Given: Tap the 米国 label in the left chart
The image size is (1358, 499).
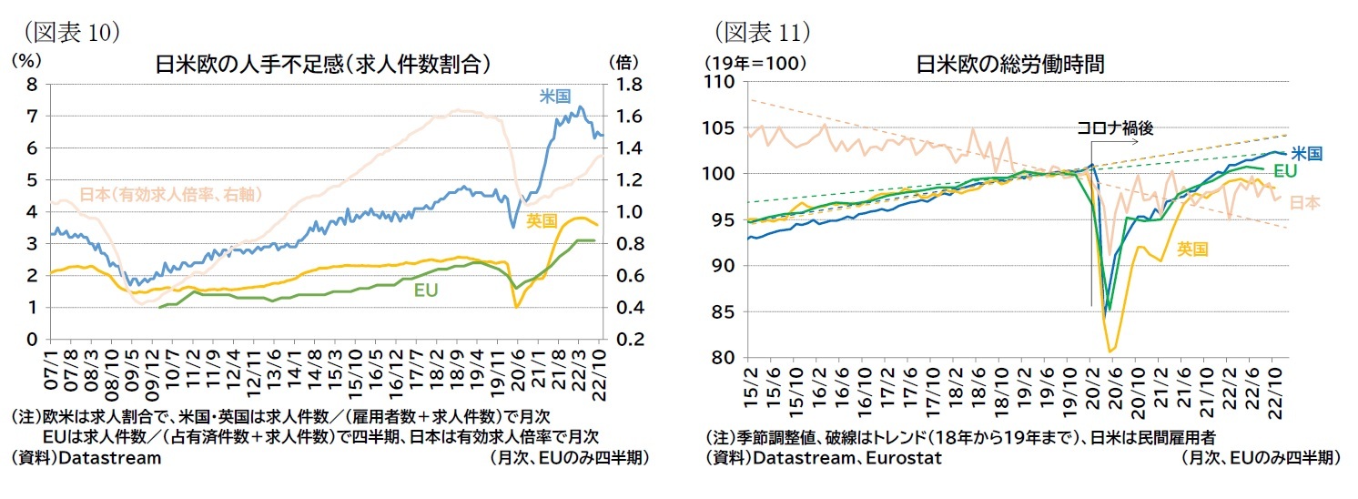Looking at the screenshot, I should (555, 96).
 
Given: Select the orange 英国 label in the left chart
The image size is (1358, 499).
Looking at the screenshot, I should (543, 220).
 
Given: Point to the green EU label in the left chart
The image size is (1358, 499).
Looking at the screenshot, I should (426, 290).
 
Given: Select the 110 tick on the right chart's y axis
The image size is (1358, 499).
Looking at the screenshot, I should (724, 82).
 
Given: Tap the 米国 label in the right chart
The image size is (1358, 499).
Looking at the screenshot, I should (1307, 154).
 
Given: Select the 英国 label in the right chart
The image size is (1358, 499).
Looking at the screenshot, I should (1192, 248).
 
